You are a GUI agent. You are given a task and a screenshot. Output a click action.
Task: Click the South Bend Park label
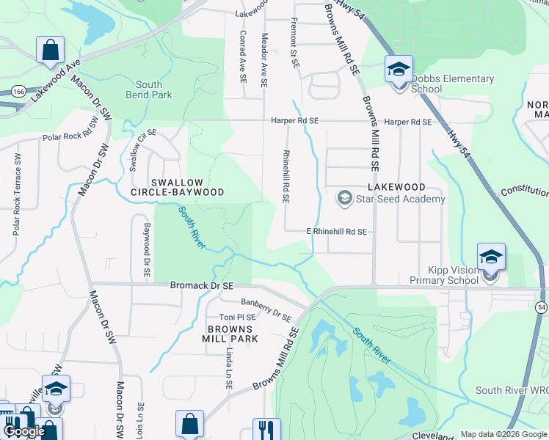point(148,90)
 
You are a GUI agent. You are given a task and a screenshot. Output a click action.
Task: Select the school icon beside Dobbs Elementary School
point(399,70)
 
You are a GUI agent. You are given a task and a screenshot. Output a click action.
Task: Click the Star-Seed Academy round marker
point(344,198)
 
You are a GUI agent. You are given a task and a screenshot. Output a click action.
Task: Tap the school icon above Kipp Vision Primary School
point(491,257)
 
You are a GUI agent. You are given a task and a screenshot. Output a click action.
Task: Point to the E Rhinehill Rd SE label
point(336,232)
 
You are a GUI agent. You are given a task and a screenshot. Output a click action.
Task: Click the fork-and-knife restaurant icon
point(266,429)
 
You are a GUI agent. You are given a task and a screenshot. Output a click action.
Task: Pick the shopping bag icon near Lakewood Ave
point(51,51)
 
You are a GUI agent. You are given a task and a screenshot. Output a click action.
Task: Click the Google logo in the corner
point(26,431)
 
